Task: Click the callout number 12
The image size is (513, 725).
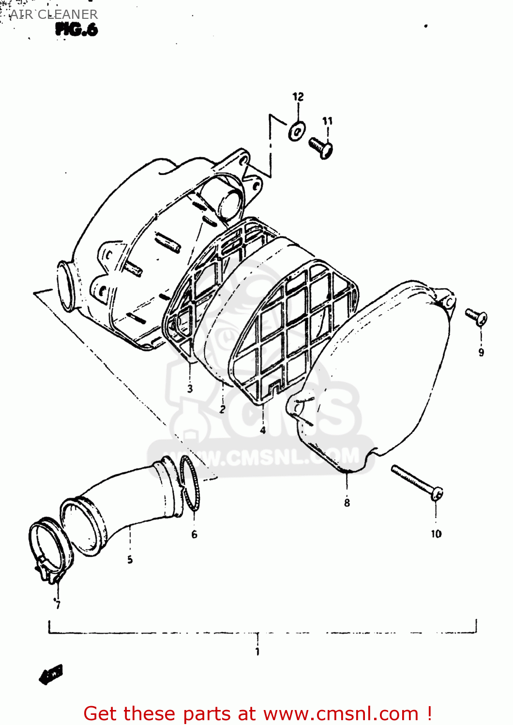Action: (x=298, y=97)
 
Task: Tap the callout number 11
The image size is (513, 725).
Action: (x=328, y=121)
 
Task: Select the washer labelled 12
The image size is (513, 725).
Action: (x=296, y=130)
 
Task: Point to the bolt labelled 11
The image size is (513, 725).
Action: (x=321, y=147)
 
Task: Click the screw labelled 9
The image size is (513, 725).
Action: (x=477, y=317)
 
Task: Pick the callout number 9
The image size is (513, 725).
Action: (x=481, y=352)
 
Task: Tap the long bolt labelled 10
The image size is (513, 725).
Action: (x=417, y=481)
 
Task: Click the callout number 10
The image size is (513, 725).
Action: (x=436, y=534)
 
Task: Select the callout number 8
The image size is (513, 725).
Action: (x=347, y=503)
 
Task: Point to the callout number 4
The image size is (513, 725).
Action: (x=262, y=430)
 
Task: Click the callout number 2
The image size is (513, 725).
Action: (x=222, y=409)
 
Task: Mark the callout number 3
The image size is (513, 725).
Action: (x=190, y=388)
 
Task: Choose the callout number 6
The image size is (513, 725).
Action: (x=194, y=534)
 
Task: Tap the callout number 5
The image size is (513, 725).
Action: (x=130, y=560)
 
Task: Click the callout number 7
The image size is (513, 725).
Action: (x=58, y=605)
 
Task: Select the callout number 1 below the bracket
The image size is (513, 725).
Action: (x=257, y=652)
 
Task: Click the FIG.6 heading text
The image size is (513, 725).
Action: (x=76, y=30)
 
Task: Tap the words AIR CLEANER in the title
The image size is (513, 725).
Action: (x=54, y=14)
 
